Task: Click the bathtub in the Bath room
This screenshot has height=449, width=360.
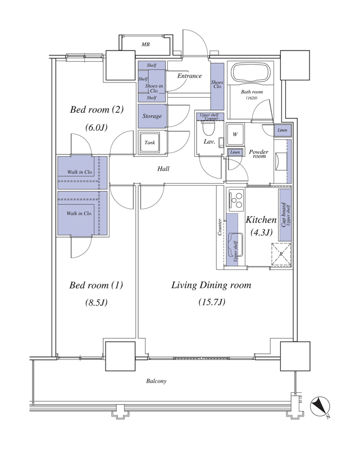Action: pos(251,73)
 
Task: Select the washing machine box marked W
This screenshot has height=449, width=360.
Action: pos(235,134)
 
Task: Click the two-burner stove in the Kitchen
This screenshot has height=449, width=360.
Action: pos(236,200)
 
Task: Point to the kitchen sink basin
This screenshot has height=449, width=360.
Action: pos(235,245)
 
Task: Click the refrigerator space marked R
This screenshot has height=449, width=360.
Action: pos(281,255)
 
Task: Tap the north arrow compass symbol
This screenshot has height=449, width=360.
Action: pos(320,406)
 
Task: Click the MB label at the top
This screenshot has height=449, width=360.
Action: pos(145,44)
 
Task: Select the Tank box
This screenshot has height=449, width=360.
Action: pos(149,143)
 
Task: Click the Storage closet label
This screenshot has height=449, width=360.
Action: pos(152,116)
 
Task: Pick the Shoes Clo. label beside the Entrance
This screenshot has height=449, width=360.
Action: pos(217,84)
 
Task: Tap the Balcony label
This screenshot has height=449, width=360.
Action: pos(156,381)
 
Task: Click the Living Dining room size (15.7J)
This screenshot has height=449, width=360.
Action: pos(212,302)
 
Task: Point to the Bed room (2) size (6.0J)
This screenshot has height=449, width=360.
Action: pos(97,127)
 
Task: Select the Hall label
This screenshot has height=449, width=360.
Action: pos(163,169)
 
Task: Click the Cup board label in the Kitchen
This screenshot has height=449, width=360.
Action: pos(284,215)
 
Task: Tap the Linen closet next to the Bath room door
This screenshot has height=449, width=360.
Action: pos(282,130)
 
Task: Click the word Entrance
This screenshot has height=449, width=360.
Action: pos(189,76)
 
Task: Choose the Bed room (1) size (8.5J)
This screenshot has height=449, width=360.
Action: pos(96,302)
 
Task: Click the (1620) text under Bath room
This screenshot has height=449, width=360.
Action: pos(252,98)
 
